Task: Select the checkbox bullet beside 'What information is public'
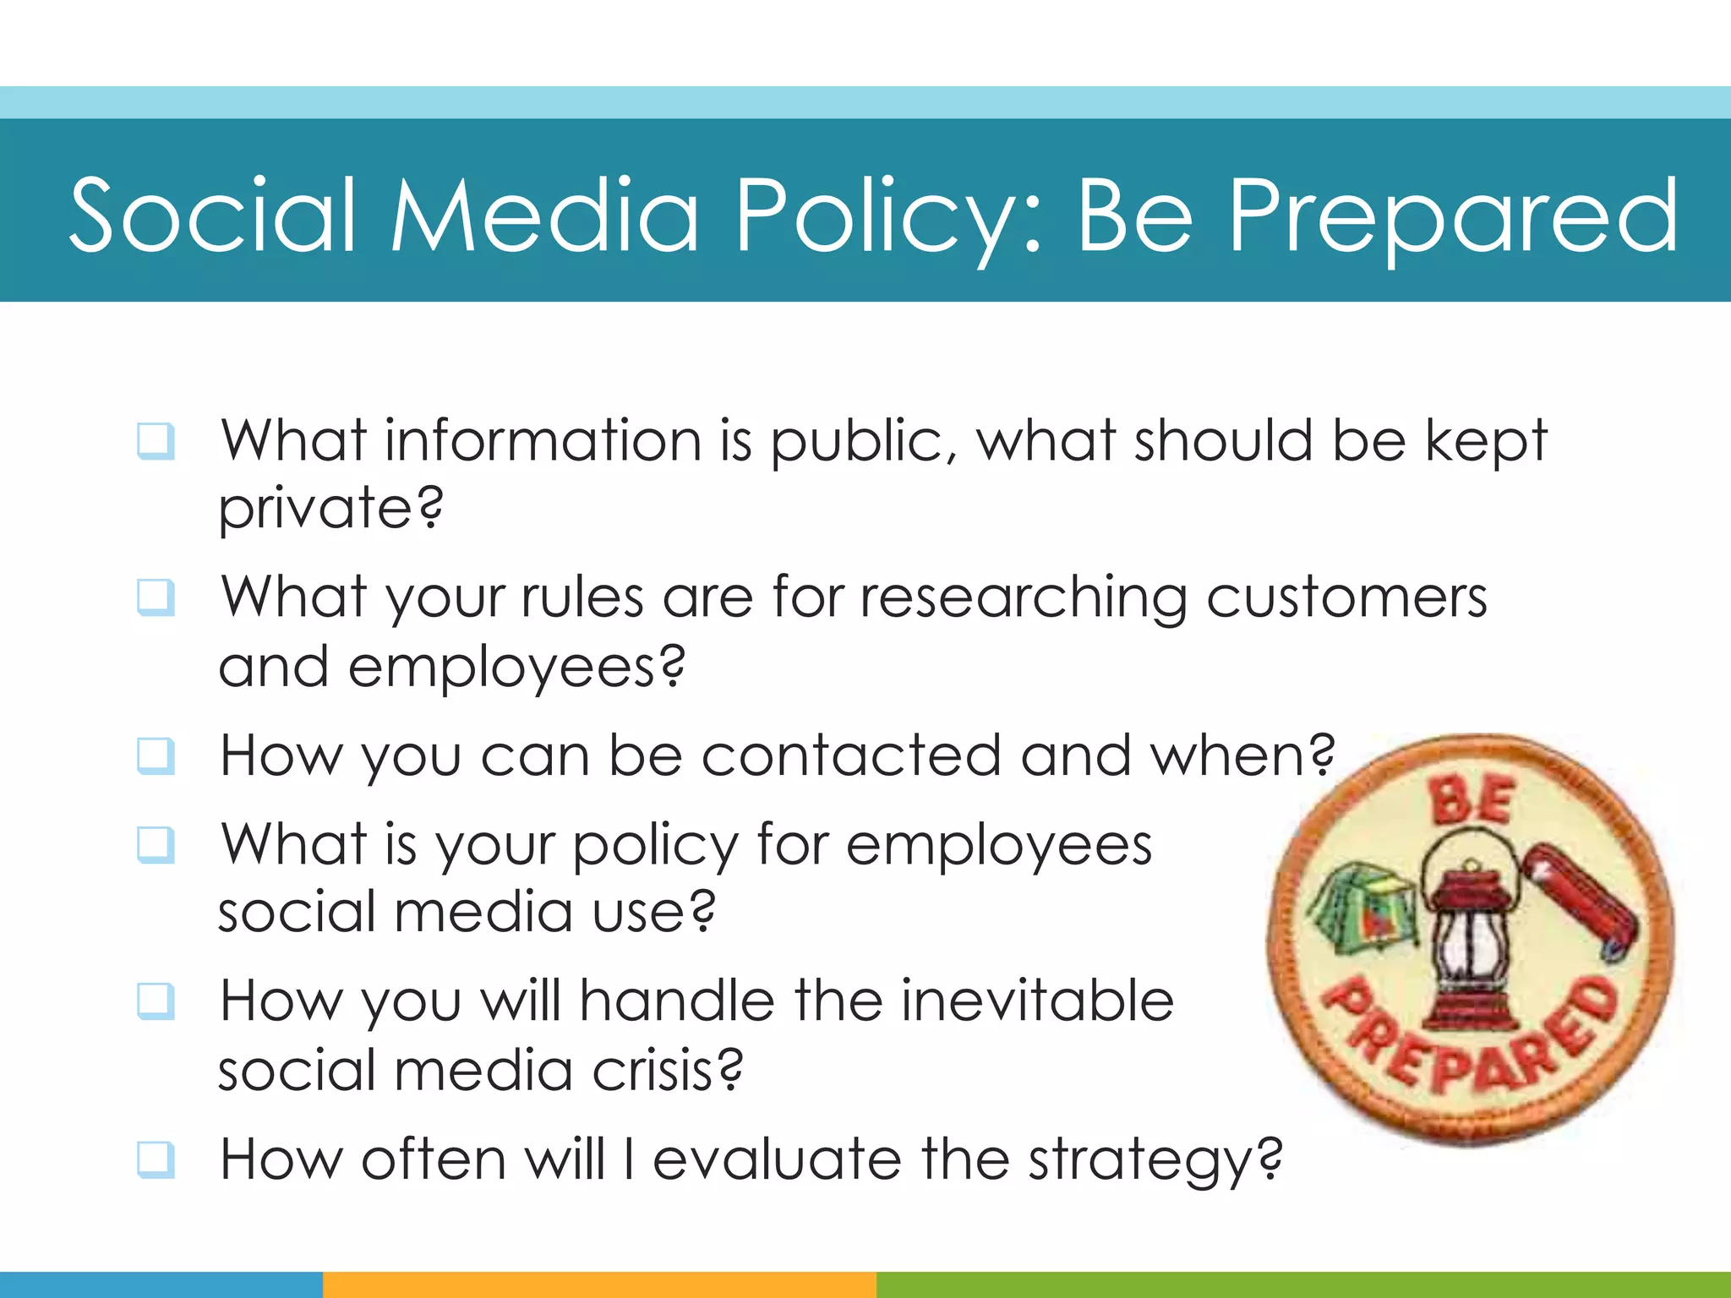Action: point(156,441)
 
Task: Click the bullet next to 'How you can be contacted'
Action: point(156,756)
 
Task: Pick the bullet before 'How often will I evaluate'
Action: point(156,1159)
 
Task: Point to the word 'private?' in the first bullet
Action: point(330,509)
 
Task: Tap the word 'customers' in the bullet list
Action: point(1346,598)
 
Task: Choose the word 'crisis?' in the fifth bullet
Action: point(667,1071)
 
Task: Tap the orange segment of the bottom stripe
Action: point(599,1284)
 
